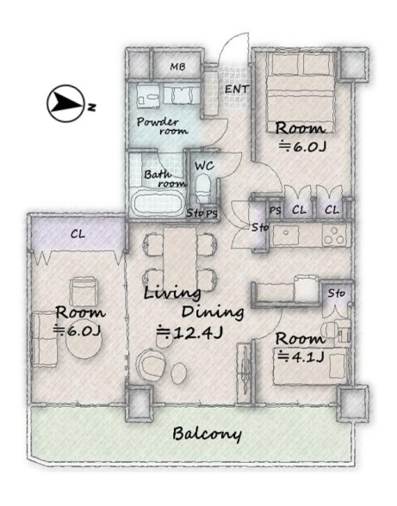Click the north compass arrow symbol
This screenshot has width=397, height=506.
[x=66, y=103]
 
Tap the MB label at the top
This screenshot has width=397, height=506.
[x=178, y=67]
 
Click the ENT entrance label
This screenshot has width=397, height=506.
[x=237, y=89]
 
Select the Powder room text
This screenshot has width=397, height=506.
[x=162, y=126]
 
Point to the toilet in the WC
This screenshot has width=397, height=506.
[x=203, y=188]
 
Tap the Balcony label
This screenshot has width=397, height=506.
[x=207, y=434]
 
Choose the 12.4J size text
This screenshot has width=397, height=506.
[x=189, y=333]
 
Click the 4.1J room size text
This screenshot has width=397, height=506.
[x=301, y=357]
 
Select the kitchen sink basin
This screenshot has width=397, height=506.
[x=286, y=235]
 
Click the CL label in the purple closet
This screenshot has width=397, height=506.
[x=78, y=234]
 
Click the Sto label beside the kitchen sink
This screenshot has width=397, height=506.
[x=260, y=227]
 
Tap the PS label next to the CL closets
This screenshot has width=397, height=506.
[x=276, y=211]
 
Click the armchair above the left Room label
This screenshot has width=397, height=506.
[x=84, y=291]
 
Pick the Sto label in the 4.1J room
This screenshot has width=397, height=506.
[x=337, y=293]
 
